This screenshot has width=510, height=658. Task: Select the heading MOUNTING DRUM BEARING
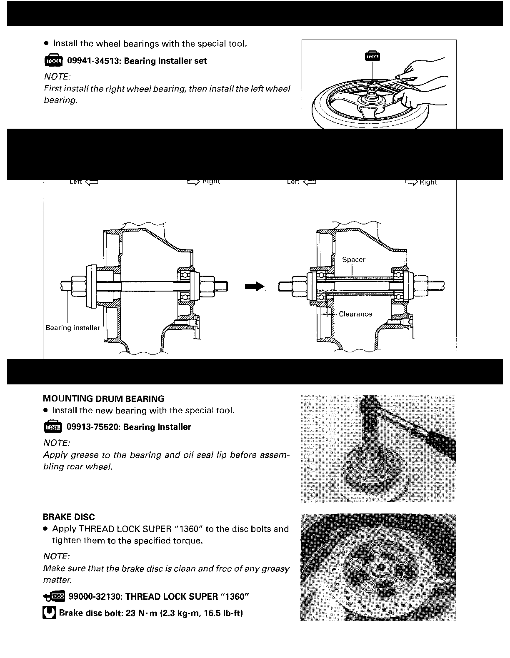coord(104,399)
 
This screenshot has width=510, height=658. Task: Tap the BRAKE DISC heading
coord(69,517)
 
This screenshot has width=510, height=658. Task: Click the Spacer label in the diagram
coord(353,259)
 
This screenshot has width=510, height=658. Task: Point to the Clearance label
coord(355,314)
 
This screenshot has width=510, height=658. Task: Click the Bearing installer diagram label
coord(73,328)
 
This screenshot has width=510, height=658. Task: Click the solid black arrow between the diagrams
coord(255,286)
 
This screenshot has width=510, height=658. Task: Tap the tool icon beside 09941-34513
coord(53,60)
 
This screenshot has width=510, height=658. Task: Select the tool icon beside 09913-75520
coord(52,426)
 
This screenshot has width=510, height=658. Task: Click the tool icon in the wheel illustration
coord(372,56)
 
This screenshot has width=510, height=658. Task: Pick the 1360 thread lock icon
coord(53,597)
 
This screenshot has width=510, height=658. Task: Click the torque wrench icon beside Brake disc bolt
coord(49,613)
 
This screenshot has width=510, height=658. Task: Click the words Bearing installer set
coord(165,61)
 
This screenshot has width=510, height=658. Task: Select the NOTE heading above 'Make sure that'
coord(57,556)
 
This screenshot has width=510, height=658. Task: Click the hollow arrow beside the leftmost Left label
coord(91,182)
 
